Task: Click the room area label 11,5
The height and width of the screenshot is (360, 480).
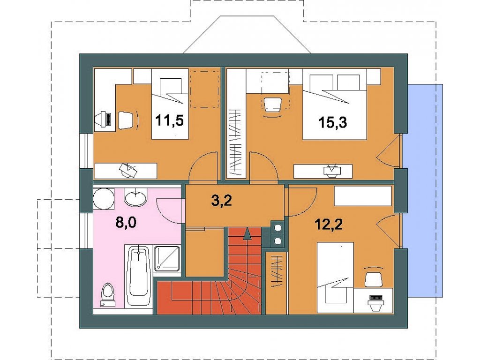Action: [x=170, y=120]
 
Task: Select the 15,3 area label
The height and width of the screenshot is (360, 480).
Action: [x=332, y=122]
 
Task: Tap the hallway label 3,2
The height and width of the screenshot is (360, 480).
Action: [x=221, y=201]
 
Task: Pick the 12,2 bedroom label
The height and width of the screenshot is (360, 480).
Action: [x=329, y=225]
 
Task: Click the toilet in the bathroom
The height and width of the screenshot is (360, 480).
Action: [x=107, y=294]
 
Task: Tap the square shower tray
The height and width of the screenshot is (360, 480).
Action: [x=167, y=259]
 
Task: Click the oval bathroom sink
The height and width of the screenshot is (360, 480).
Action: [x=135, y=197]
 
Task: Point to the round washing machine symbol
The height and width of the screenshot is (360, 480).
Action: [x=103, y=199]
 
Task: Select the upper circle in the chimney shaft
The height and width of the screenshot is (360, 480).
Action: [x=278, y=228]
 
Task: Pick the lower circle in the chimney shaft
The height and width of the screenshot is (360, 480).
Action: [x=278, y=241]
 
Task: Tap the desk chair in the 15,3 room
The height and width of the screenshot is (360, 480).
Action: [x=272, y=105]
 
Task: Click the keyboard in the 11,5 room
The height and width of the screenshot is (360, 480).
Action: [x=108, y=119]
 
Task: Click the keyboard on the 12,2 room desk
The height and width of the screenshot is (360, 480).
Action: [x=376, y=297]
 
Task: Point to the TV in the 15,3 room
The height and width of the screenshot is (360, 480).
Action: [x=332, y=171]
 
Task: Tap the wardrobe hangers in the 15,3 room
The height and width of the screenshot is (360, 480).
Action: [x=236, y=142]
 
